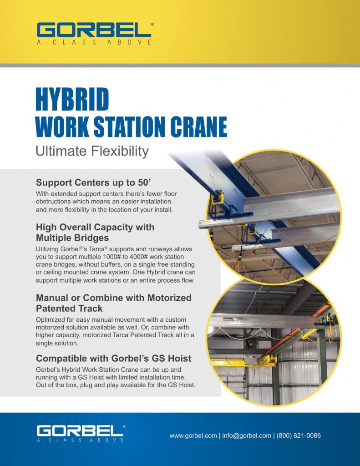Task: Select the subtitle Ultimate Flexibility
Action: [x=92, y=151]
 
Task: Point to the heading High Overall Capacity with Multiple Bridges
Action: [x=95, y=232]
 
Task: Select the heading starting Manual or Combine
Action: [x=114, y=303]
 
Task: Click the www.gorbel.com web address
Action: [x=193, y=436]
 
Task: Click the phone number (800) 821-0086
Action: [x=299, y=436]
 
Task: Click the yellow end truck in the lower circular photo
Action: [x=262, y=361]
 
